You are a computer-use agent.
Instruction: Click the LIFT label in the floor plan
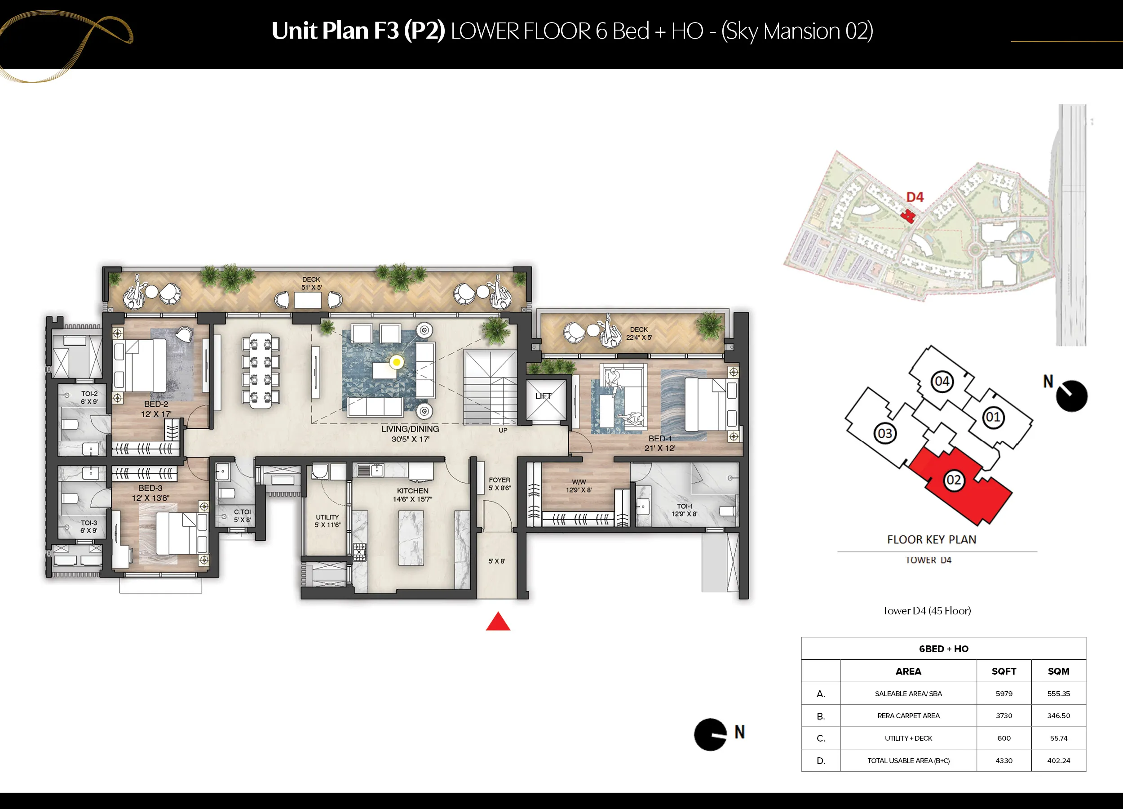(543, 396)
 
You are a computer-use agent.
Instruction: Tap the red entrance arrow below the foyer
(498, 621)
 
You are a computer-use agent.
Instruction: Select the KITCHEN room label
(412, 490)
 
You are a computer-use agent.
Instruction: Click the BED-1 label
(660, 439)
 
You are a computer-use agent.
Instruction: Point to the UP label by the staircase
(503, 430)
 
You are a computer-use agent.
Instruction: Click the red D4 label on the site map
(915, 197)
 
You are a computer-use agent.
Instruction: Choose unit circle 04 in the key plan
(942, 382)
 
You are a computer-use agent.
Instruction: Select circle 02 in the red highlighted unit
(954, 480)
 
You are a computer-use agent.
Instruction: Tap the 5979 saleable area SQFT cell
(1004, 693)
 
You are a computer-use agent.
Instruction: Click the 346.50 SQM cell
(1059, 716)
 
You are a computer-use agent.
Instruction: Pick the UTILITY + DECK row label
(909, 738)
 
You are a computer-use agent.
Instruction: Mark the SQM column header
(1059, 671)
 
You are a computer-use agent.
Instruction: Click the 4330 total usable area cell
(1004, 760)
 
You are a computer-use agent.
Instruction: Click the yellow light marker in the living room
(396, 362)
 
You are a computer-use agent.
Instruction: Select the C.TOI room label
(243, 512)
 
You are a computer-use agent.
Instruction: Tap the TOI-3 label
(89, 523)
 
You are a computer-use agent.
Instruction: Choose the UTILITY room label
(327, 517)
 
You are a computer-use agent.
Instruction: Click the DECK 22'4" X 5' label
(639, 333)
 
